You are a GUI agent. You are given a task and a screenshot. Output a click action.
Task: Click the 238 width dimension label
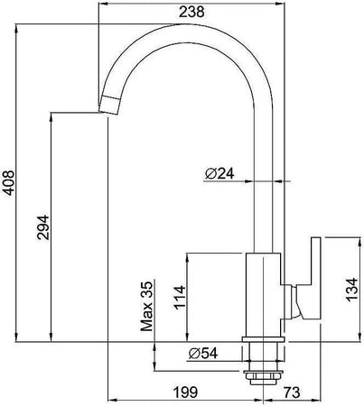[191, 12]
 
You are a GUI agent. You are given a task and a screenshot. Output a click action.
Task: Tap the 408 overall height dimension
[8, 183]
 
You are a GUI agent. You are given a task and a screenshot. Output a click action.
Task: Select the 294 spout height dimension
[43, 227]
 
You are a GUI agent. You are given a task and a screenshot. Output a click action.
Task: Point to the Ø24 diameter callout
[219, 174]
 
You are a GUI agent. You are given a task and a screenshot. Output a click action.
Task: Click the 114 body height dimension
[180, 298]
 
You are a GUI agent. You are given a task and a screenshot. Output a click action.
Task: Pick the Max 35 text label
[146, 306]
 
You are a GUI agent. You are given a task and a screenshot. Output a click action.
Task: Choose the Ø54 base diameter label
[203, 354]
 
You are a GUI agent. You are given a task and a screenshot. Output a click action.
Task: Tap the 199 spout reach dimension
[185, 392]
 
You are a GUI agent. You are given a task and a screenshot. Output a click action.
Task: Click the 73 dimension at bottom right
[292, 392]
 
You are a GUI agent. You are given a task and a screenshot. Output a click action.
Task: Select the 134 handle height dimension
[351, 290]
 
